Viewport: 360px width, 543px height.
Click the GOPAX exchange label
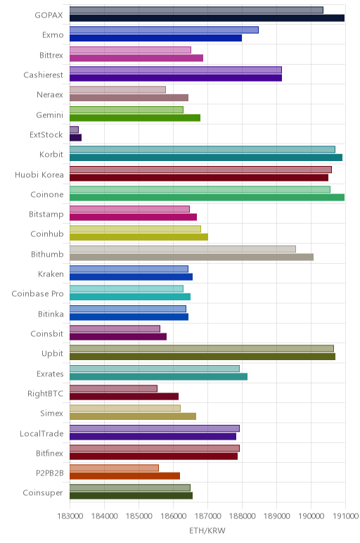tap(49, 15)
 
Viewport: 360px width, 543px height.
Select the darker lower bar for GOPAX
tap(207, 18)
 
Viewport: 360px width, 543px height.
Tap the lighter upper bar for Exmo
tap(164, 30)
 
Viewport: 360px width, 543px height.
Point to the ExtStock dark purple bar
tap(75, 137)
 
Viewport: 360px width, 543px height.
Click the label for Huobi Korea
tap(39, 174)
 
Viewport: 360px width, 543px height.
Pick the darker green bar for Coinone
tap(207, 198)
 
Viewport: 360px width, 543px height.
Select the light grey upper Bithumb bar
tap(183, 249)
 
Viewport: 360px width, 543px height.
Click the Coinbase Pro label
tap(38, 294)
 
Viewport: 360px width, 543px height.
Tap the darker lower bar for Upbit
tap(202, 357)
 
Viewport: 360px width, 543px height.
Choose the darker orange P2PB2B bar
tap(124, 475)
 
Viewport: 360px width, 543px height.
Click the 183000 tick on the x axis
tap(70, 516)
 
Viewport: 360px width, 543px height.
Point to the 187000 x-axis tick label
tap(207, 516)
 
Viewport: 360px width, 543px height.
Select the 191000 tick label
tap(345, 516)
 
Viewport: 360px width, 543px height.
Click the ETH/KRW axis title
tap(207, 530)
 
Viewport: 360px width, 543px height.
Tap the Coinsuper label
tap(43, 492)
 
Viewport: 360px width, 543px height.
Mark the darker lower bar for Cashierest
tap(176, 77)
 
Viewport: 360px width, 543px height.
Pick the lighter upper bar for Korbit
tap(202, 149)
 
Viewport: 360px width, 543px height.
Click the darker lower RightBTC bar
tap(124, 396)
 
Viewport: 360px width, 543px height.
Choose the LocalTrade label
tap(41, 433)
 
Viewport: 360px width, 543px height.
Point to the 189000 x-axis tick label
tap(276, 516)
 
